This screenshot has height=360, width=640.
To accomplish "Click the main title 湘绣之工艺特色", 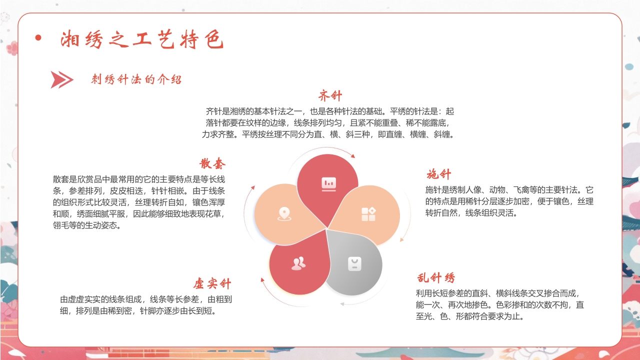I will tap(142, 40).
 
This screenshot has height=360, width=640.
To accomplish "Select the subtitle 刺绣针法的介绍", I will tap(136, 79).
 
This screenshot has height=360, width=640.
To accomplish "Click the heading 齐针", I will tap(330, 96).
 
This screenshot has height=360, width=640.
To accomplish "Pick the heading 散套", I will tap(212, 163).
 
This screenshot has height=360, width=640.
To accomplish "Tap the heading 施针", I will tap(438, 174).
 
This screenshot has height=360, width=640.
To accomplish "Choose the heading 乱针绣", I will tap(436, 278).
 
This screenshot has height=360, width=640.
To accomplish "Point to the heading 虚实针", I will tap(212, 283).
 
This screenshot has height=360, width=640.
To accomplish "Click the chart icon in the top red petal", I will tap(328, 184).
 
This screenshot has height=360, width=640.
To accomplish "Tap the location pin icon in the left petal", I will tap(284, 214).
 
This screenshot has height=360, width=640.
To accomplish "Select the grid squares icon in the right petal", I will tap(368, 214).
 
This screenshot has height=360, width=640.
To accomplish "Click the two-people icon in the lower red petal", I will tap(298, 263).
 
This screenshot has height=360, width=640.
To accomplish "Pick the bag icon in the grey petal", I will tap(354, 263).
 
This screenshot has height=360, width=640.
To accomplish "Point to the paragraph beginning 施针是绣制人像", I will tap(509, 201).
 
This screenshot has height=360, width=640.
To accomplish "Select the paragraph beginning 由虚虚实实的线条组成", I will tap(145, 305).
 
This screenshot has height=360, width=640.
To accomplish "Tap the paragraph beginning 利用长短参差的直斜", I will tap(500, 304).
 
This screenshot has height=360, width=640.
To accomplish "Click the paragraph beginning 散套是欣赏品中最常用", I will tap(139, 202).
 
